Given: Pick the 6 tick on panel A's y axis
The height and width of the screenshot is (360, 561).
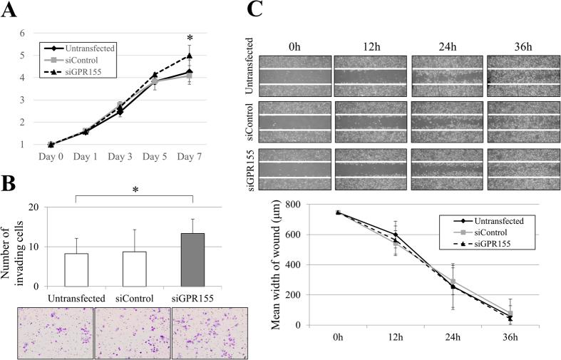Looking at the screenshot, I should point(22,34).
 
